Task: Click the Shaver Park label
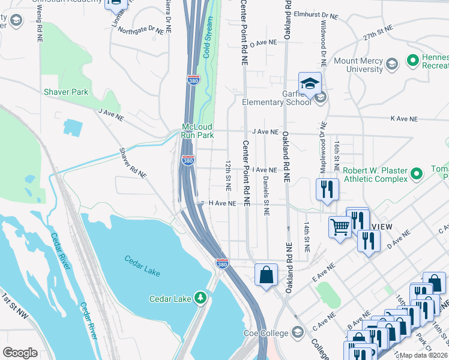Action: [x=65, y=92]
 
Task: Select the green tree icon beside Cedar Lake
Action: [x=200, y=298]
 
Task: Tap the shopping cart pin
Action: [x=340, y=227]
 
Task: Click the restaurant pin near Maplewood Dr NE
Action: [x=327, y=190]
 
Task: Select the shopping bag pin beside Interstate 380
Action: [x=266, y=275]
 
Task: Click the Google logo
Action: [x=20, y=353]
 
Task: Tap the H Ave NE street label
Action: [x=222, y=203]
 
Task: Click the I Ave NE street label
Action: [x=264, y=170]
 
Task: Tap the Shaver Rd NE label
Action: [x=133, y=163]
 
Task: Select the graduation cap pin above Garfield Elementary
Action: [x=310, y=85]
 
